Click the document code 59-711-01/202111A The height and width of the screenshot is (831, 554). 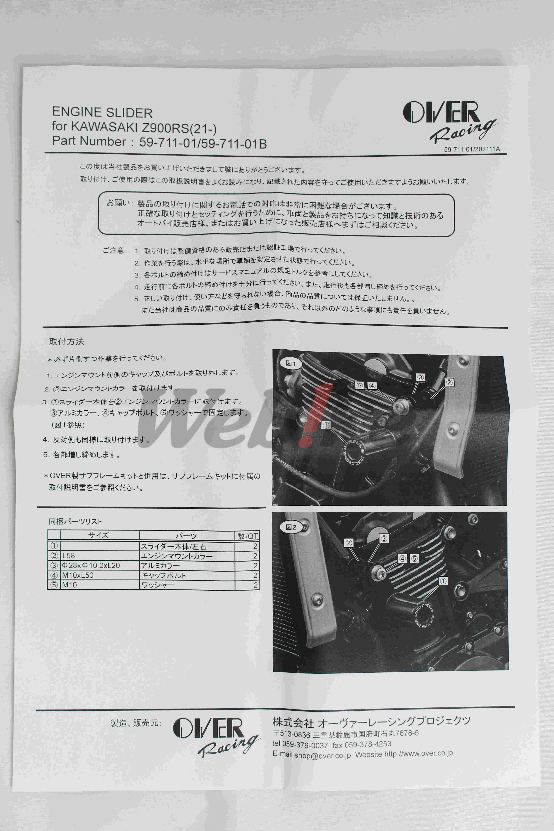(472, 149)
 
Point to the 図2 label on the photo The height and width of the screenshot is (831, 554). (291, 527)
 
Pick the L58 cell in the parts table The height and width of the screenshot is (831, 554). (69, 555)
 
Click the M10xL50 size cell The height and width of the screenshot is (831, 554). (78, 575)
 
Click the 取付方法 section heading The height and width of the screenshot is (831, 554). (66, 341)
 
